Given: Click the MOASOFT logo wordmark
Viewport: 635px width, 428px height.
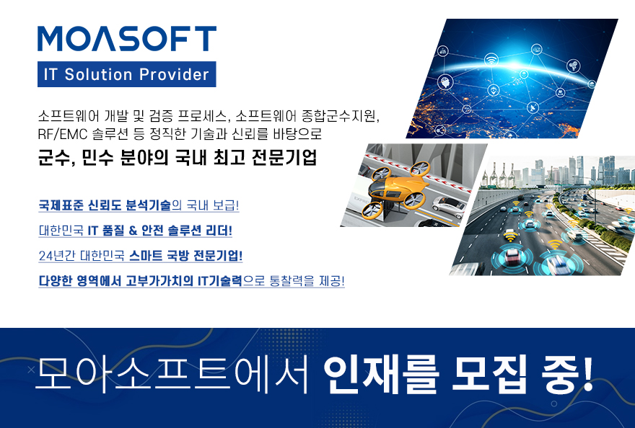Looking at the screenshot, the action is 127,39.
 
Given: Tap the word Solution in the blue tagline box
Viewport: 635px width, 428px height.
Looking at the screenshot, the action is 98,74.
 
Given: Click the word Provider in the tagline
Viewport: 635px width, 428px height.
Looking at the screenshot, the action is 174,74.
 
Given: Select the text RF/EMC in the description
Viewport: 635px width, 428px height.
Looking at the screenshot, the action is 62,134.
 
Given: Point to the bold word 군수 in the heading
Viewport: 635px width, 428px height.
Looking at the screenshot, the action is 54,157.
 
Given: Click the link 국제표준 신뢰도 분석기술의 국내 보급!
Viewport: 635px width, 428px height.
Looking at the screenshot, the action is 139,205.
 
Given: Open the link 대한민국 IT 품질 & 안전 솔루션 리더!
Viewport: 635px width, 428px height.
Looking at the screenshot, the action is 135,231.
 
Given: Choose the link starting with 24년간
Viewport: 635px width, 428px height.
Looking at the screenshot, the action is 140,256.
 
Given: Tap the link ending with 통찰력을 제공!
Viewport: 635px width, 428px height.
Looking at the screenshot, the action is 191,281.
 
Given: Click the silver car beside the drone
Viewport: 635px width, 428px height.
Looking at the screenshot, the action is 448,207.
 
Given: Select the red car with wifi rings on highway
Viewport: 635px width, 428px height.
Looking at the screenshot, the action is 512,256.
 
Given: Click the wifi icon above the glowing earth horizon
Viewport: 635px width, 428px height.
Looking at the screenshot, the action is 491,60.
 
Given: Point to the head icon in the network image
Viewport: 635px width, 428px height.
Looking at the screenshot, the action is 445,81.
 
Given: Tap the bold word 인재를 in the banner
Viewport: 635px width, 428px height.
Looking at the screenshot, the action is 381,374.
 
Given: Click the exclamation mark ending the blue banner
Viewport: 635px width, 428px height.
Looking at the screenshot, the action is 587,373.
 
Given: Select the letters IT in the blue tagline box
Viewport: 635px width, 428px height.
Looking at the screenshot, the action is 51,74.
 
